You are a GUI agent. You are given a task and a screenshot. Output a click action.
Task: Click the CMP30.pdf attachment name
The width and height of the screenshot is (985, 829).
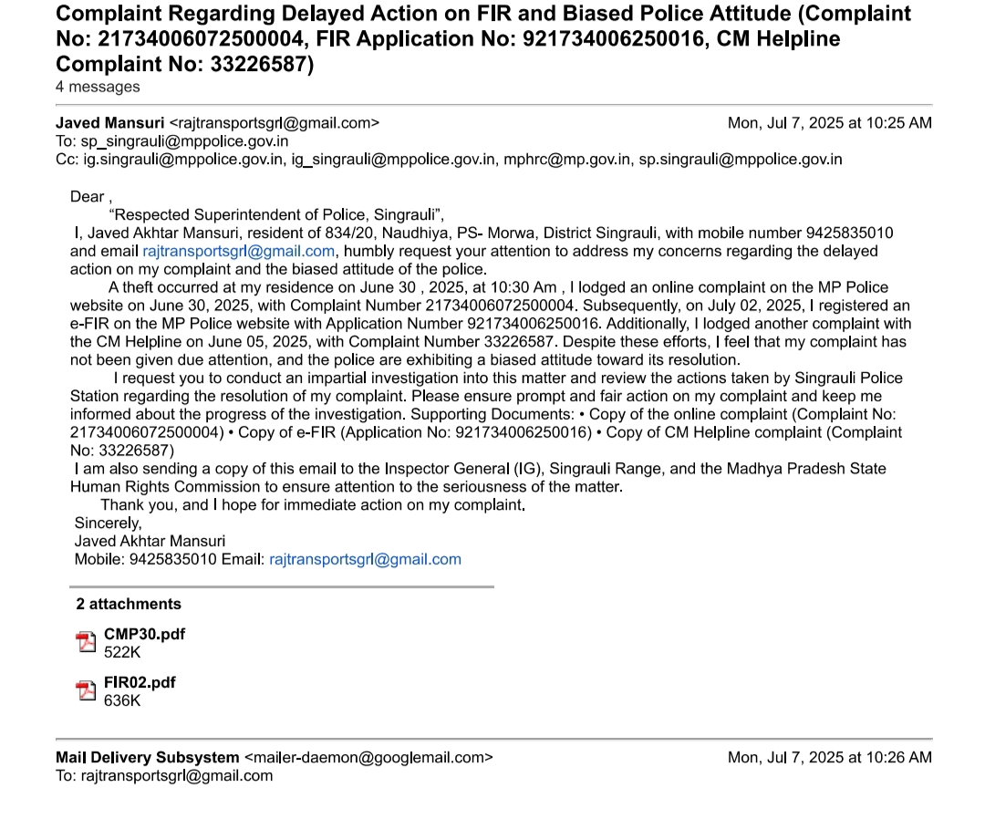click(x=144, y=634)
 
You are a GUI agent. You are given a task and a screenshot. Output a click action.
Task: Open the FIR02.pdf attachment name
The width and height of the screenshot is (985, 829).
click(x=140, y=682)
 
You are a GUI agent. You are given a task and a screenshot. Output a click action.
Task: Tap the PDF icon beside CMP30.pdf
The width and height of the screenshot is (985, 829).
click(x=86, y=642)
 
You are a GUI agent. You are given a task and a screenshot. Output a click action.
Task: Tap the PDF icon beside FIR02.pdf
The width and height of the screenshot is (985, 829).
click(x=86, y=690)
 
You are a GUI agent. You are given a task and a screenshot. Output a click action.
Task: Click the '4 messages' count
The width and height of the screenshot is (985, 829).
click(x=98, y=87)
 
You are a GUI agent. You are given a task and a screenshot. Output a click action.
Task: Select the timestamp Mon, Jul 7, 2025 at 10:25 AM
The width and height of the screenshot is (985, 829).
click(x=829, y=123)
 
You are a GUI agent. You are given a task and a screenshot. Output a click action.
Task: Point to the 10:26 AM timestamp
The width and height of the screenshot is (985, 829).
click(x=829, y=757)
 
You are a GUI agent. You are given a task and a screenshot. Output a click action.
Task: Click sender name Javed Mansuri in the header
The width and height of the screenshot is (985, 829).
click(x=109, y=123)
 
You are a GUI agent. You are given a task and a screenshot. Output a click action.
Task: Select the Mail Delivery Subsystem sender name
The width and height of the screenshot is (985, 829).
click(x=147, y=757)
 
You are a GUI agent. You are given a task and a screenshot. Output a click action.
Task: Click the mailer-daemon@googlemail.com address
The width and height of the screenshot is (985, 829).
click(x=368, y=757)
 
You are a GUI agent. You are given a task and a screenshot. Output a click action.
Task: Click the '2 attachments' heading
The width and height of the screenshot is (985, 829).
click(x=128, y=604)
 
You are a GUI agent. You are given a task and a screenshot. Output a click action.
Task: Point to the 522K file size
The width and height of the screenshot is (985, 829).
click(x=122, y=652)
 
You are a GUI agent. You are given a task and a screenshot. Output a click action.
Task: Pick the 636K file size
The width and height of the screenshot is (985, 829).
click(x=122, y=700)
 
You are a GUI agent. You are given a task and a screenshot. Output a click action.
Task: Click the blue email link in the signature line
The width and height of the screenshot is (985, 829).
click(x=365, y=559)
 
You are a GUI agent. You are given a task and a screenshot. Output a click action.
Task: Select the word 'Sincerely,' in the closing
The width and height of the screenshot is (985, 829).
click(x=108, y=523)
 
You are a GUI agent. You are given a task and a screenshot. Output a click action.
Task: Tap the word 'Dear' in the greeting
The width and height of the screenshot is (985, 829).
click(x=88, y=196)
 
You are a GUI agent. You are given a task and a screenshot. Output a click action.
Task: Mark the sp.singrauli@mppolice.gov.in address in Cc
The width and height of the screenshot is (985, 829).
click(x=740, y=160)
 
